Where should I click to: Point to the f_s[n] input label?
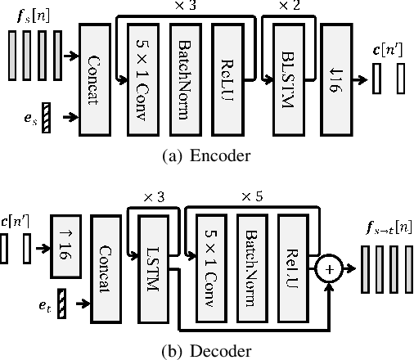click(x=31, y=13)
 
